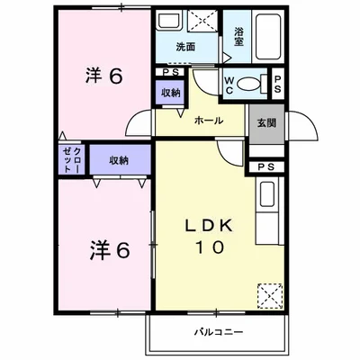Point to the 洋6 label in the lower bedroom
(111, 249)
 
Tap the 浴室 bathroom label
(239, 37)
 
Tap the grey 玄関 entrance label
(265, 122)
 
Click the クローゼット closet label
(72, 159)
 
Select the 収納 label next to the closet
(118, 160)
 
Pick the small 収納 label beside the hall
(170, 93)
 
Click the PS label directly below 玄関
(265, 166)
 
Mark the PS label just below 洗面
(170, 72)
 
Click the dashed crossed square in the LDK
(269, 294)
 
